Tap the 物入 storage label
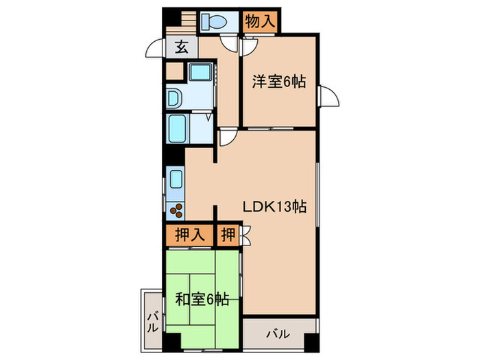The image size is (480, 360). tap(261, 21)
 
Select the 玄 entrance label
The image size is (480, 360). tap(181, 47)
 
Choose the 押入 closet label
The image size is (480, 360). tap(189, 235)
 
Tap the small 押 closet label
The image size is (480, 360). tap(227, 235)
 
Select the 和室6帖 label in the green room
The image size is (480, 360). tap(202, 298)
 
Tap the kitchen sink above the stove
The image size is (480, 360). tap(175, 182)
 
